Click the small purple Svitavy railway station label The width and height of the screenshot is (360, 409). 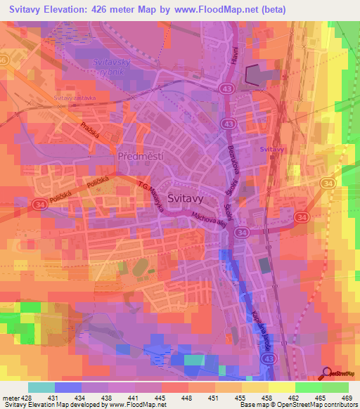271,150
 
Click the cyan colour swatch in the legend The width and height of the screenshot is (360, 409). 41,387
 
